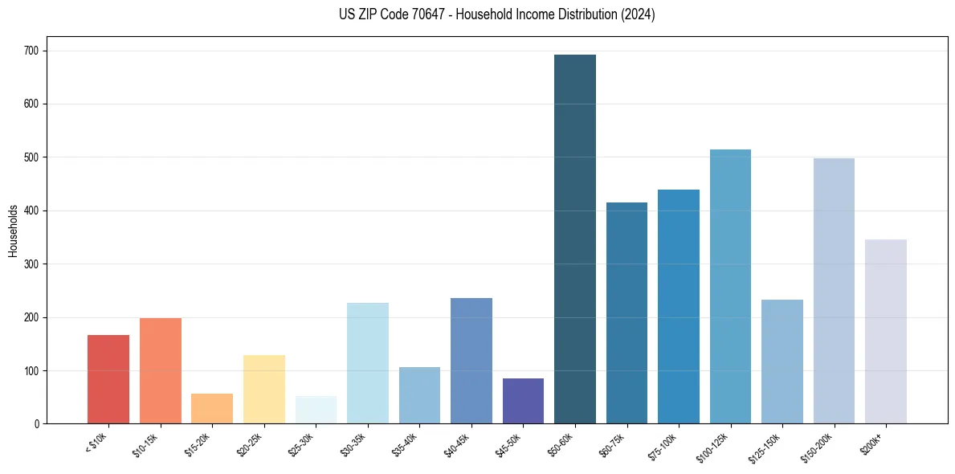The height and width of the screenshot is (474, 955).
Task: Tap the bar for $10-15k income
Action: [160, 370]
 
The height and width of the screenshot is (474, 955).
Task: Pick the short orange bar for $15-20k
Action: [212, 408]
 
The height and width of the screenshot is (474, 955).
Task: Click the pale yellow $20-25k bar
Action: [263, 389]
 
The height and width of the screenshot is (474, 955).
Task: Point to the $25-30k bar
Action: [316, 410]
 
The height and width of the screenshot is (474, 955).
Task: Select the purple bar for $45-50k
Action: [523, 401]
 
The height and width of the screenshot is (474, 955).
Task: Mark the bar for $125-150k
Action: [782, 362]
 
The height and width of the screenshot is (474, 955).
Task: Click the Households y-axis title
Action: [13, 231]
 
